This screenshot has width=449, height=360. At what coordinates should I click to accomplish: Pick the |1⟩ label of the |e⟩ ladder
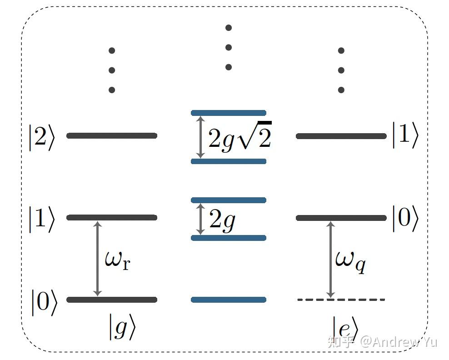click(405, 135)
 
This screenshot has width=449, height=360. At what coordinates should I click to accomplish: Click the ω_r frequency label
click(117, 261)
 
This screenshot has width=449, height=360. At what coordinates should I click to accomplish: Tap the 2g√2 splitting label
click(239, 137)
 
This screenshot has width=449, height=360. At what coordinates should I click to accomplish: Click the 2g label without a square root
click(222, 220)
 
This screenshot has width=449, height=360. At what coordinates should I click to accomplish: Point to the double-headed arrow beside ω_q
click(331, 259)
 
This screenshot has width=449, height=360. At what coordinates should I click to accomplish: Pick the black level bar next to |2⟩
click(112, 135)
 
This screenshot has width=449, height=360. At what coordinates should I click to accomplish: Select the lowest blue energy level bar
click(228, 300)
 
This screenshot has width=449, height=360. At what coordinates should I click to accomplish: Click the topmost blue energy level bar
click(228, 113)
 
